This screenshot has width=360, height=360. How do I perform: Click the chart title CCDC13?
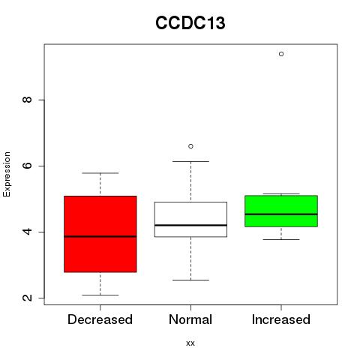click(x=190, y=22)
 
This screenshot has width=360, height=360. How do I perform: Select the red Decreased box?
click(x=100, y=234)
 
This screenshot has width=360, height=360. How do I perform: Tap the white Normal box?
click(x=190, y=219)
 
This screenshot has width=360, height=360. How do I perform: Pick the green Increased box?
click(x=281, y=211)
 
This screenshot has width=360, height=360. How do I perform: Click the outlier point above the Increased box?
click(x=281, y=54)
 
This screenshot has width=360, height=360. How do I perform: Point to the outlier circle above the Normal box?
click(x=190, y=146)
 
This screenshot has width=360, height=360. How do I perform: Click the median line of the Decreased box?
click(x=100, y=236)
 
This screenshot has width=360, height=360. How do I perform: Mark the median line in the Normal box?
click(x=190, y=225)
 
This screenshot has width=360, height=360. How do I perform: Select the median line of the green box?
click(x=281, y=214)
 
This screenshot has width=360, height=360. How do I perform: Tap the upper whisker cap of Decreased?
click(x=100, y=173)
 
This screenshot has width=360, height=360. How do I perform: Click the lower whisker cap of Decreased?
click(x=100, y=295)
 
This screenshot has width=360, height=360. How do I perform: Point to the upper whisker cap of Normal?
click(x=190, y=161)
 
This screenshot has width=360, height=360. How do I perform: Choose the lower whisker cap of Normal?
click(x=190, y=280)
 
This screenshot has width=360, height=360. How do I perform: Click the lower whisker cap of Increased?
click(x=281, y=239)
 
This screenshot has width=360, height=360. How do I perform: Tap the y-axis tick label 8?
click(x=27, y=100)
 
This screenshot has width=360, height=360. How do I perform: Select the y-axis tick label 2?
click(x=27, y=298)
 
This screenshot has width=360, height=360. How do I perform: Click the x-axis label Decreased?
click(x=100, y=319)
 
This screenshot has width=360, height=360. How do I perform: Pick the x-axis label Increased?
click(x=281, y=319)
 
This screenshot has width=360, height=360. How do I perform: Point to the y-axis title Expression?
click(x=7, y=174)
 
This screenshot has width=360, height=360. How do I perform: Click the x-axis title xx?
click(x=190, y=343)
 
